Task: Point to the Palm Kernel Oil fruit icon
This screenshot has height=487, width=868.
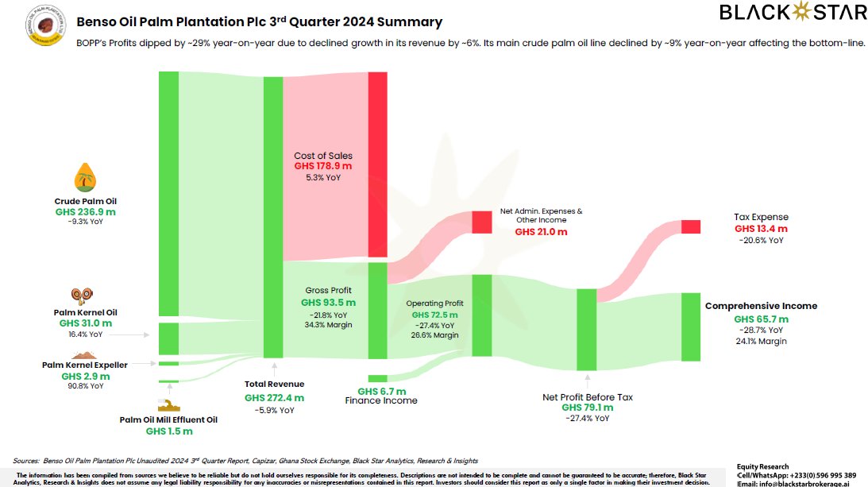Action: [x=80, y=296]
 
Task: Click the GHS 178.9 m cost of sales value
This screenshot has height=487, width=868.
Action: [x=322, y=166]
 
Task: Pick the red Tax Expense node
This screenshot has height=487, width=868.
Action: [x=690, y=226]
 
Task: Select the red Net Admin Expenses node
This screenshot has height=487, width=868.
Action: [x=482, y=222]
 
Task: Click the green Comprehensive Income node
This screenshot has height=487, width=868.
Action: [x=690, y=327]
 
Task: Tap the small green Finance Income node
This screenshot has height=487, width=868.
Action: [x=377, y=379]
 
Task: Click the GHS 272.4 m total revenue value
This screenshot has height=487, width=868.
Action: [x=274, y=397]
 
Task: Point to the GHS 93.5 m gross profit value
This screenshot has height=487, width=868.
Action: [x=328, y=303]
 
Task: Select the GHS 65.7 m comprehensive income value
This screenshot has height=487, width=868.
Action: [x=761, y=319]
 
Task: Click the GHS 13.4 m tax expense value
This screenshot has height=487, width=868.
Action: [x=761, y=229]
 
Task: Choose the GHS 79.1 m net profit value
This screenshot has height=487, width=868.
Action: [x=587, y=408]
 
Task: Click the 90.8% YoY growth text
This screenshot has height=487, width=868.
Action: [x=85, y=386]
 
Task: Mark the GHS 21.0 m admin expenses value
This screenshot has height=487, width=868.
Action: [x=541, y=232]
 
